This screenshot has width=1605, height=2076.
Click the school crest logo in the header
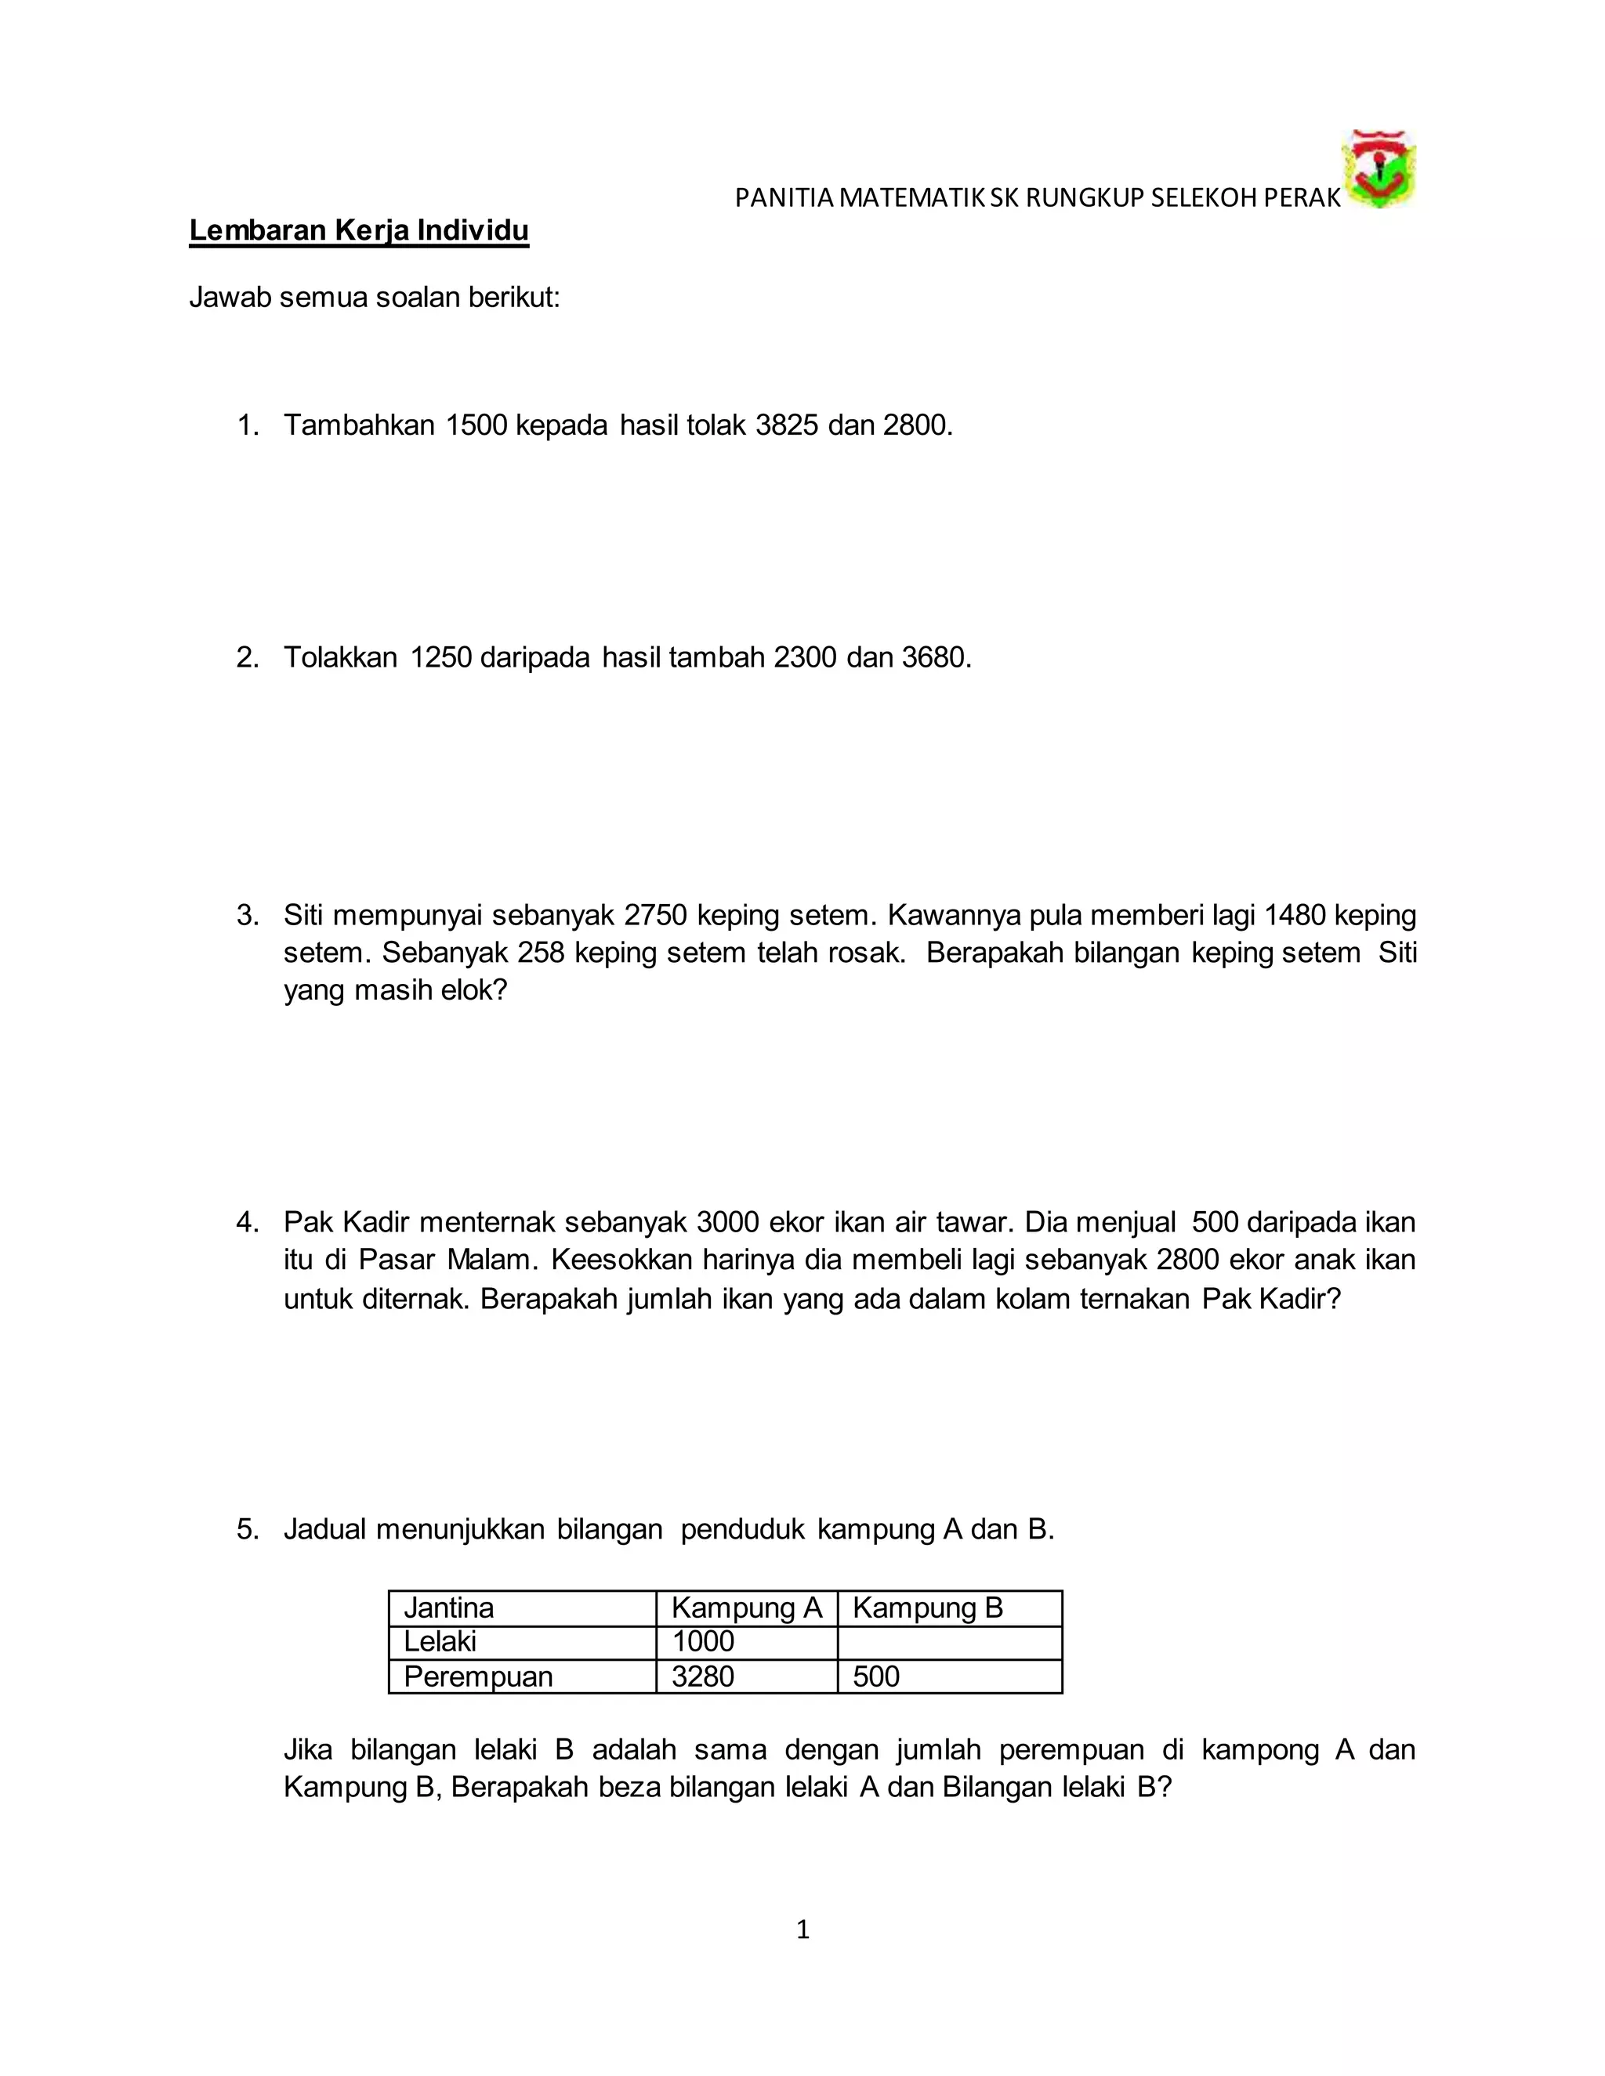pos(1378,169)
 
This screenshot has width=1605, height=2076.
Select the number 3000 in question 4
pos(727,1222)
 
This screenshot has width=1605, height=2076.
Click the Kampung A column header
pos(746,1608)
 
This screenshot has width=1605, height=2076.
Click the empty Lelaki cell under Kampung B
pos(949,1641)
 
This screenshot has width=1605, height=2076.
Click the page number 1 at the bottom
pos(802,1930)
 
